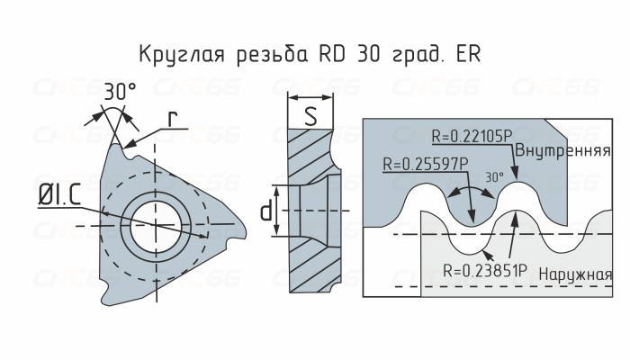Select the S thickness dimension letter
pos(310,115)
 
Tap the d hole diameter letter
pos(266,212)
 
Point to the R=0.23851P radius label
pos(486,267)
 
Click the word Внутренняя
pos(567,150)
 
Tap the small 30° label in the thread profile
pos(494,177)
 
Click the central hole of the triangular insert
pos(155,224)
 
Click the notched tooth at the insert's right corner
pos(236,236)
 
